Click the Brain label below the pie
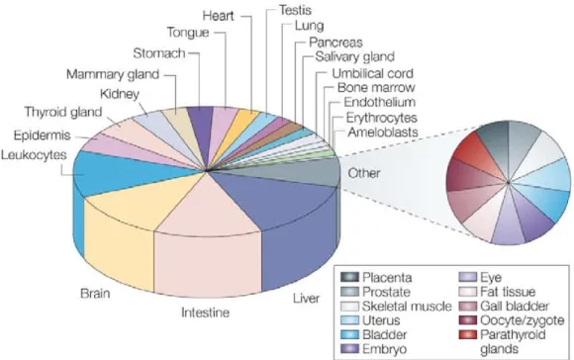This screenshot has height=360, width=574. pyautogui.click(x=95, y=294)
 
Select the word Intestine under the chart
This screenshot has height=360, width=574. pyautogui.click(x=206, y=313)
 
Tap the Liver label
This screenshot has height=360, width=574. pyautogui.click(x=306, y=298)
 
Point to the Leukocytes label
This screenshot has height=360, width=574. pyautogui.click(x=34, y=155)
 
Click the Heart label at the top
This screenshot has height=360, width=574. pyautogui.click(x=218, y=16)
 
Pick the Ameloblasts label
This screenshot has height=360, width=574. pyautogui.click(x=383, y=133)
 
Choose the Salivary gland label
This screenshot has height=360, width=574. pyautogui.click(x=354, y=56)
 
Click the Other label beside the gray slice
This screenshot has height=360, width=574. pyautogui.click(x=364, y=173)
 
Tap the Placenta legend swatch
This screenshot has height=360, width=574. pyautogui.click(x=349, y=277)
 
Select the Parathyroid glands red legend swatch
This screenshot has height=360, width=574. pyautogui.click(x=468, y=334)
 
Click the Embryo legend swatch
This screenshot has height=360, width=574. pyautogui.click(x=349, y=349)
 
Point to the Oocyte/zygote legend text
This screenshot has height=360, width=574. pyautogui.click(x=522, y=320)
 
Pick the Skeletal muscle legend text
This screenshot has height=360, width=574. pyautogui.click(x=407, y=307)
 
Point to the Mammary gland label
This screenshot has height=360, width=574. pyautogui.click(x=113, y=74)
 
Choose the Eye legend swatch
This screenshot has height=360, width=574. pyautogui.click(x=468, y=277)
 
